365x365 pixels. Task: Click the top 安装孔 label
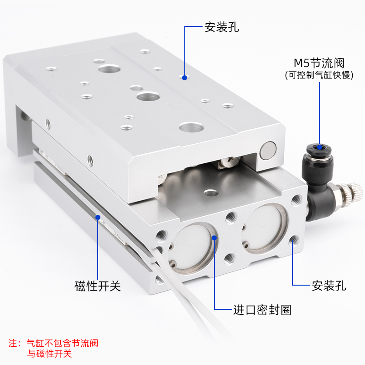[222, 27]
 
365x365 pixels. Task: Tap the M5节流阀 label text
[318, 63]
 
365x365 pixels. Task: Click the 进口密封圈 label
[262, 310]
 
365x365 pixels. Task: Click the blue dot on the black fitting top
[320, 147]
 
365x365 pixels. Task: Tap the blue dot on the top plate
[185, 78]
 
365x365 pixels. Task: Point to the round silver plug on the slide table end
[268, 151]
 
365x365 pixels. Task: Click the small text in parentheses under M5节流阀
[318, 75]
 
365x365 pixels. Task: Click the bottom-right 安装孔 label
[328, 286]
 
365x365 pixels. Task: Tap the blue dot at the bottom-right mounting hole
[292, 242]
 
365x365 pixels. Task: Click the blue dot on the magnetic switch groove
[97, 217]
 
